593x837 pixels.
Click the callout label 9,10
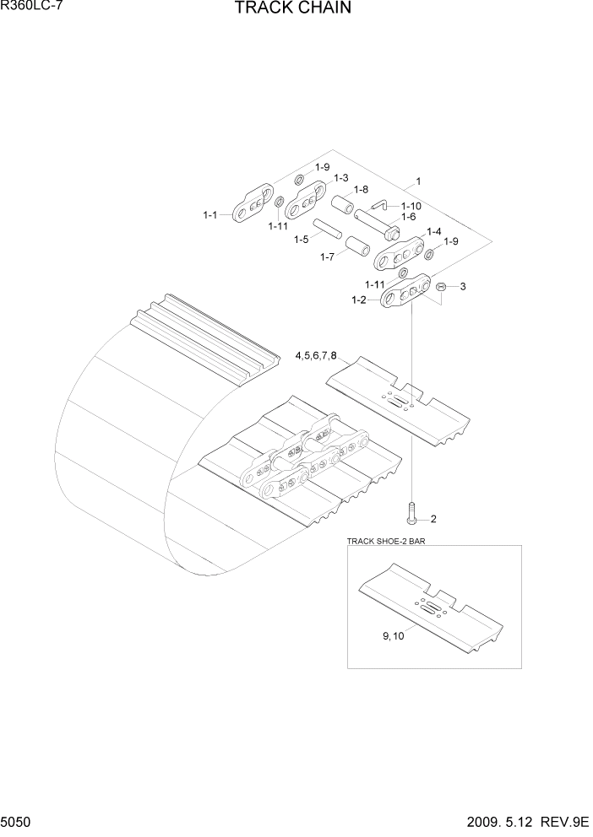392,637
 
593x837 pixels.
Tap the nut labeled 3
442,288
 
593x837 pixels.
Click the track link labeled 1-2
405,295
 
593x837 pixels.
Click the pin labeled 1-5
326,229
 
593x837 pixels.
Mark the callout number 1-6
408,217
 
